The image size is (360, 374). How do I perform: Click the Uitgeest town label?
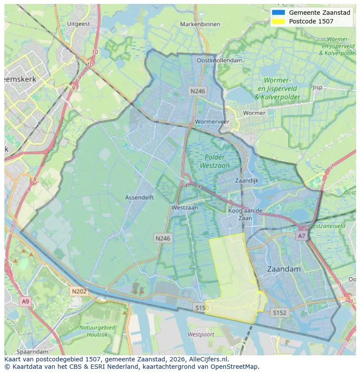[x=79, y=24]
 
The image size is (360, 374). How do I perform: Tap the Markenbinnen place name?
[x=200, y=24]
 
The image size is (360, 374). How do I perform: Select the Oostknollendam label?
[x=219, y=61]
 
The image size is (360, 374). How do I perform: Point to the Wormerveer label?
[x=212, y=122]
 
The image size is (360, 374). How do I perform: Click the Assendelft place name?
[x=139, y=197]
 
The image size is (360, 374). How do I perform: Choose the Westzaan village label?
[x=184, y=208]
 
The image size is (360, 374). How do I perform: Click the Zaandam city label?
[x=283, y=269]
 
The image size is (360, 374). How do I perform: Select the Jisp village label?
[x=317, y=87]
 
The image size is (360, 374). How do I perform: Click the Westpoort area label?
[x=201, y=334]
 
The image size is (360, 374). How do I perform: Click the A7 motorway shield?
[x=301, y=235]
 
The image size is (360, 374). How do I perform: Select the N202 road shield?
[x=79, y=291]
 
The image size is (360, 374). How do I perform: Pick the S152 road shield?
[x=280, y=312]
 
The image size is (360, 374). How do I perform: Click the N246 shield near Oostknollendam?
[x=197, y=91]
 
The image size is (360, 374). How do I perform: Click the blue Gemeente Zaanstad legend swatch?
[x=277, y=13]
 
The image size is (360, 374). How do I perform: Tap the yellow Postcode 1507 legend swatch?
[x=277, y=21]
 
